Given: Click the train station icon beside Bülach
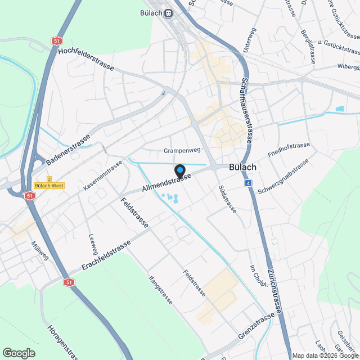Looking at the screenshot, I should (168, 15).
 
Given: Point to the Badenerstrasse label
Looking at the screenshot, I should (69, 150).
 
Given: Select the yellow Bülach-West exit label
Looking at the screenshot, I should (49, 185).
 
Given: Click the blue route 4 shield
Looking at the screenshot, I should (248, 183).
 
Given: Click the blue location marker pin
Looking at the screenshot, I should (180, 170).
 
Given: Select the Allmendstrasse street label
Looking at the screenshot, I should (166, 184).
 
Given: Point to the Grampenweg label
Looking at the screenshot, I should (182, 151).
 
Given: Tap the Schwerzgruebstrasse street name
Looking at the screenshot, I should (283, 177).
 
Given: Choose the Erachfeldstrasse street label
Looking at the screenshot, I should (106, 254).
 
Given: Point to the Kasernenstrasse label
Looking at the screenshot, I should (103, 174).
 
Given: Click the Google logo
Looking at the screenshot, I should (19, 353).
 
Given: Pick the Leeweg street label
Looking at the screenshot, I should (93, 244).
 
